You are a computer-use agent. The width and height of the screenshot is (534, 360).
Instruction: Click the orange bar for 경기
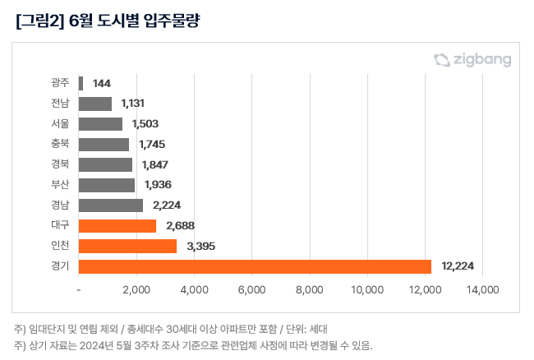[255, 266]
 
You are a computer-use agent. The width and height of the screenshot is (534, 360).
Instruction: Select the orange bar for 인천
[127, 246]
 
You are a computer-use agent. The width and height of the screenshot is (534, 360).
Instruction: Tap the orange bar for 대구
[117, 225]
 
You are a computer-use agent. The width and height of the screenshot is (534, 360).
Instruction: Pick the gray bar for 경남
[111, 205]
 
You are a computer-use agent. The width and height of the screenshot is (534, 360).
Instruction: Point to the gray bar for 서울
[100, 124]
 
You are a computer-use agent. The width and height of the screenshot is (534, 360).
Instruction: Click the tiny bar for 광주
[81, 83]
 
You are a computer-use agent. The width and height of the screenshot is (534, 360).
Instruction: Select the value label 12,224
[458, 266]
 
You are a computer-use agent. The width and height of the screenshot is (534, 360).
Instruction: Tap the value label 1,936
[158, 185]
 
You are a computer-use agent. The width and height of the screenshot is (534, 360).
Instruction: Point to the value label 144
[102, 83]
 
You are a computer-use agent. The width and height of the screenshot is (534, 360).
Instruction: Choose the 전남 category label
[59, 104]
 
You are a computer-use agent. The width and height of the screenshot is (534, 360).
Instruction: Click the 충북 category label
[59, 144]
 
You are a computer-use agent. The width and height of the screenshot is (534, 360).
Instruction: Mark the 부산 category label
[59, 185]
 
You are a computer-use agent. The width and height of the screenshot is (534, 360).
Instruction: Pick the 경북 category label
[59, 164]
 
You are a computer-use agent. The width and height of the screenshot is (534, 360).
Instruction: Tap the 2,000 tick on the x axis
[136, 290]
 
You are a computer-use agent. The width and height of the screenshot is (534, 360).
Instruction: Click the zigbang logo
[472, 59]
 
